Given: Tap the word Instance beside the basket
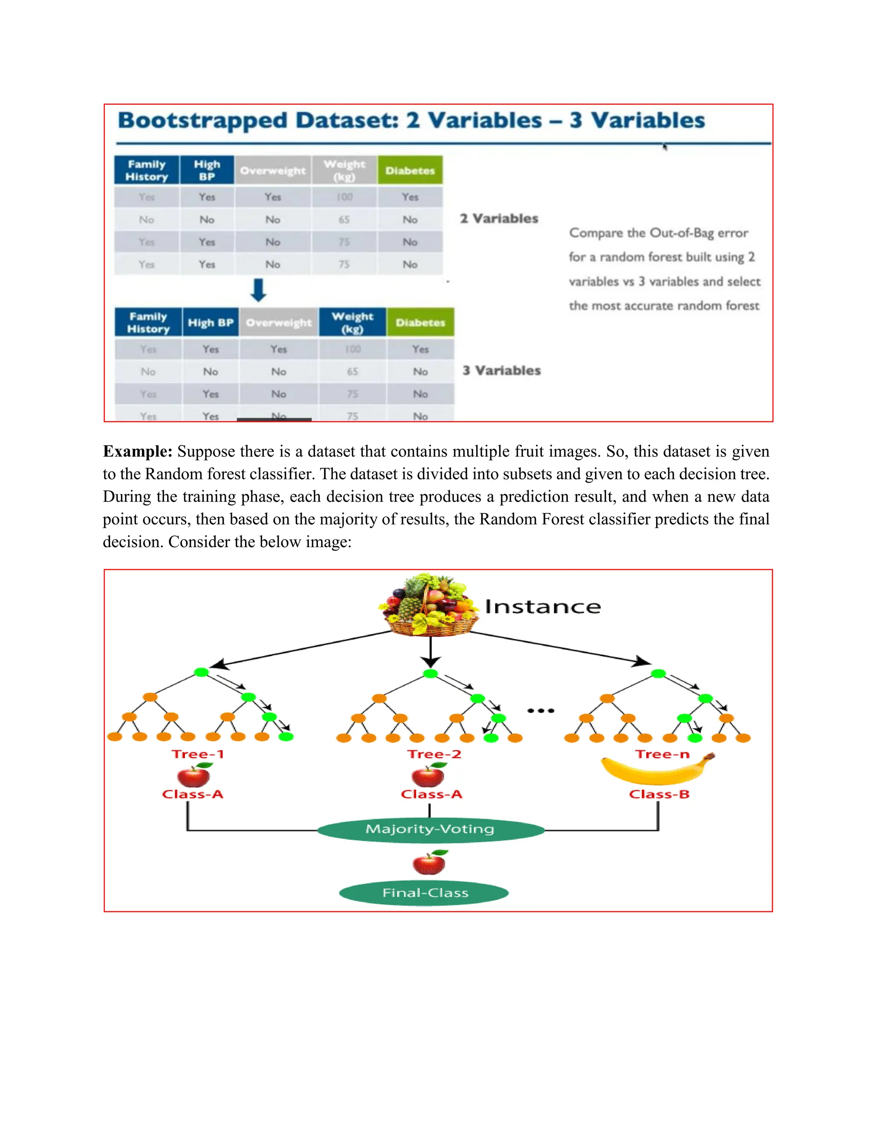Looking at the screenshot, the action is pyautogui.click(x=543, y=607).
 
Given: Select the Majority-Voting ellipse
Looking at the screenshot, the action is pyautogui.click(x=430, y=829).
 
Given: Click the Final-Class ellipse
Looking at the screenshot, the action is pyautogui.click(x=424, y=893).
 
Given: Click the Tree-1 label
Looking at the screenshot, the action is pyautogui.click(x=197, y=754).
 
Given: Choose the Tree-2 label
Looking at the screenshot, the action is pyautogui.click(x=434, y=754).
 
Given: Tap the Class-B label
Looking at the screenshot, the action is pyautogui.click(x=659, y=794).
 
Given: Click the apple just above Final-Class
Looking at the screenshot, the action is pyautogui.click(x=429, y=862).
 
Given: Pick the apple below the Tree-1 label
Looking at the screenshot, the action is pyautogui.click(x=194, y=775).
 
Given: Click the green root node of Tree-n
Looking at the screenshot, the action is pyautogui.click(x=658, y=673).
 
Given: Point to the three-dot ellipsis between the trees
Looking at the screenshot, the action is pyautogui.click(x=541, y=711).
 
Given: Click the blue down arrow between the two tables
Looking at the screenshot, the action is pyautogui.click(x=258, y=290).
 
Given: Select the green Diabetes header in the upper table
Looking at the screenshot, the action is pyautogui.click(x=410, y=170).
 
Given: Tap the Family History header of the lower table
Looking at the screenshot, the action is pyautogui.click(x=148, y=323).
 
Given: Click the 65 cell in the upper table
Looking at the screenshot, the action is pyautogui.click(x=344, y=220).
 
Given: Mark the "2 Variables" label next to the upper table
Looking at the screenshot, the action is pyautogui.click(x=499, y=219).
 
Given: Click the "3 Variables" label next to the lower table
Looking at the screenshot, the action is pyautogui.click(x=502, y=371).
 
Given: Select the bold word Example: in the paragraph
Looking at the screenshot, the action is pyautogui.click(x=138, y=451).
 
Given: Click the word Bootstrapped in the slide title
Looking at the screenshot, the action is pyautogui.click(x=202, y=121).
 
